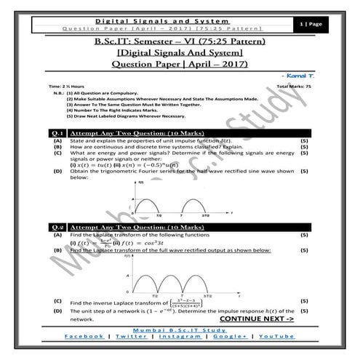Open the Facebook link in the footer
(84, 336)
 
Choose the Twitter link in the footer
(130, 336)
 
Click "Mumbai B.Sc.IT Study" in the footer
(180, 329)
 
